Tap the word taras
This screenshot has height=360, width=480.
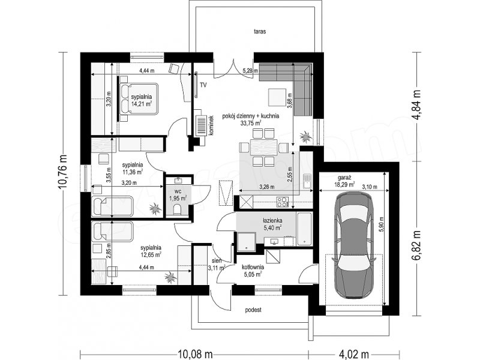(x=260, y=31)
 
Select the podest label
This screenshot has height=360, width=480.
(x=253, y=310)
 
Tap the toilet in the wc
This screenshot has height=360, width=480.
(x=177, y=209)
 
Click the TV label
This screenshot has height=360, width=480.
(x=203, y=85)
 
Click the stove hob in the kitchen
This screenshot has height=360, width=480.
(x=282, y=202)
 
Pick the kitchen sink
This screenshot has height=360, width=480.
(x=307, y=181)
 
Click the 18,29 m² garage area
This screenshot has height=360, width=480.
(x=344, y=184)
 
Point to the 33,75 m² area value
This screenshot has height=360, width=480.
(x=250, y=123)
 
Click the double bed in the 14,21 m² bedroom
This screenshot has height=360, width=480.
(x=139, y=99)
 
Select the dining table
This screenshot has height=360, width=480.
(x=264, y=147)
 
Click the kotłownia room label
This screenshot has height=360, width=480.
(x=253, y=267)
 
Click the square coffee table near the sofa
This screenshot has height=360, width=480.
(x=278, y=97)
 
